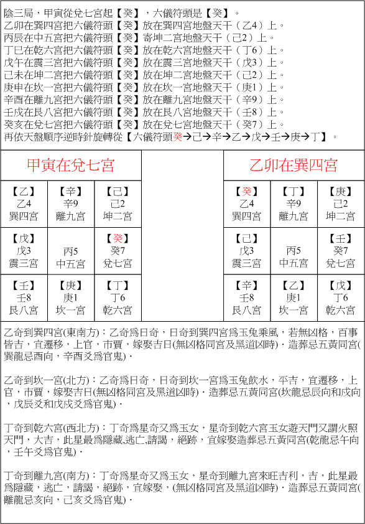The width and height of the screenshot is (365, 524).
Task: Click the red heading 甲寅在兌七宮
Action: coord(71,166)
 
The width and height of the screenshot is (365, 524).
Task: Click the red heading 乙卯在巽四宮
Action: coord(293,166)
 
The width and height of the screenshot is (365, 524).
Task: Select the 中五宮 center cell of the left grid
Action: coord(71,256)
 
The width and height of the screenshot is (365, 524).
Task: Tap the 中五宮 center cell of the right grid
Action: coord(293,256)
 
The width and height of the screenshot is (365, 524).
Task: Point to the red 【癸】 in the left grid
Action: coord(118,239)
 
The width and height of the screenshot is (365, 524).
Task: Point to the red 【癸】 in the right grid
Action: coord(247,192)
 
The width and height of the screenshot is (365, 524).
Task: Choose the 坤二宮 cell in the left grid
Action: coord(118,204)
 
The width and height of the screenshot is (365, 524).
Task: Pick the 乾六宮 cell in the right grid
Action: coord(341,298)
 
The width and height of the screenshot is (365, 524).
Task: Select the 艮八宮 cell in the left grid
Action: coord(24,298)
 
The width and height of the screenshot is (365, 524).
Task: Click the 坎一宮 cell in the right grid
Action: coord(293,298)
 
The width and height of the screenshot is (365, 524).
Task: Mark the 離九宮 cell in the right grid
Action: coord(293,204)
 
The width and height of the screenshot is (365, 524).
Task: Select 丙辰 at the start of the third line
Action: coord(13,37)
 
